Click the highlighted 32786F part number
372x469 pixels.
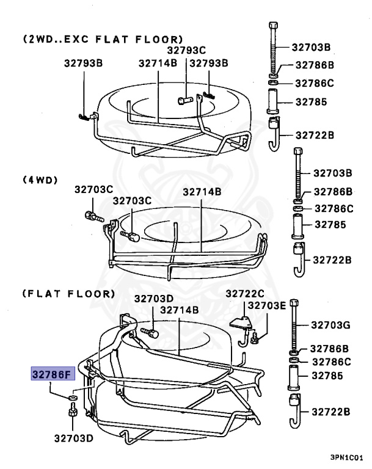click(53, 374)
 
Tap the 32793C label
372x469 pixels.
click(186, 50)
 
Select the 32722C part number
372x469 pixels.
click(245, 294)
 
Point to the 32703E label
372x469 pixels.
click(267, 305)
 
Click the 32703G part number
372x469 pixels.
click(330, 325)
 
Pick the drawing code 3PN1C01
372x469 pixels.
click(347, 457)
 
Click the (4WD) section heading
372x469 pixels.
click(40, 180)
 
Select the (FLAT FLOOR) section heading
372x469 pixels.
click(69, 294)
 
